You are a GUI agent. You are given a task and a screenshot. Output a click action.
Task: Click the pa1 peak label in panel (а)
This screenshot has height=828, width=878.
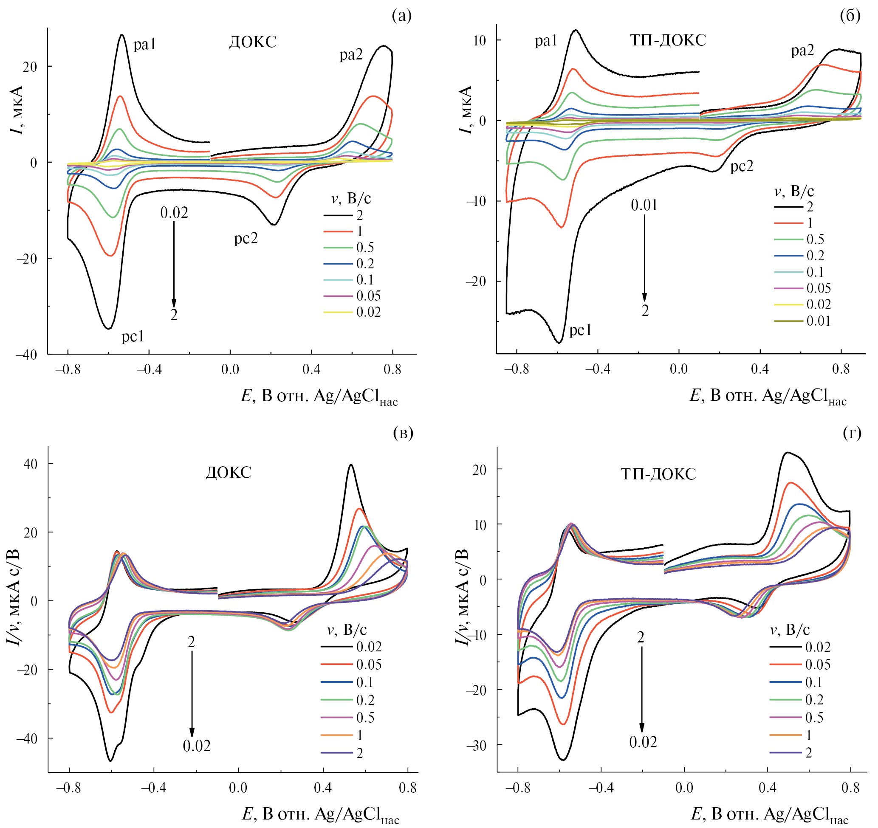click(144, 45)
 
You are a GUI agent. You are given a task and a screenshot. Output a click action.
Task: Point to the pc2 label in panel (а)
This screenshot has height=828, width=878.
click(246, 239)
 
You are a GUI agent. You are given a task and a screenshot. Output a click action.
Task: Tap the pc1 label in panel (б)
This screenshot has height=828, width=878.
click(580, 330)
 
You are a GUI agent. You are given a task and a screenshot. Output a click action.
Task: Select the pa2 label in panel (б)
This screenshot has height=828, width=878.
click(802, 51)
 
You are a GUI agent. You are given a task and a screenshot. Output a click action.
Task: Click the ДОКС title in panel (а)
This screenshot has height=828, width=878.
click(253, 42)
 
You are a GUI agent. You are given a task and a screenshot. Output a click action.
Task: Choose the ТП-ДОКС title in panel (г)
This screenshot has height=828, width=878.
click(658, 474)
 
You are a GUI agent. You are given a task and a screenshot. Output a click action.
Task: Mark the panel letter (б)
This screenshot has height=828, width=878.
click(850, 16)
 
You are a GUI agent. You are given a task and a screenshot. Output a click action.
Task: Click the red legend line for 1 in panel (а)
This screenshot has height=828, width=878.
click(338, 231)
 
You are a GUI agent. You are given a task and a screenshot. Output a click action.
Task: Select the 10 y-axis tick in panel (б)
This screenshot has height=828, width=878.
click(479, 41)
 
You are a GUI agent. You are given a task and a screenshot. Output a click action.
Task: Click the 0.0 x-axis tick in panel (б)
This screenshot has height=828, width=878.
click(678, 369)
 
